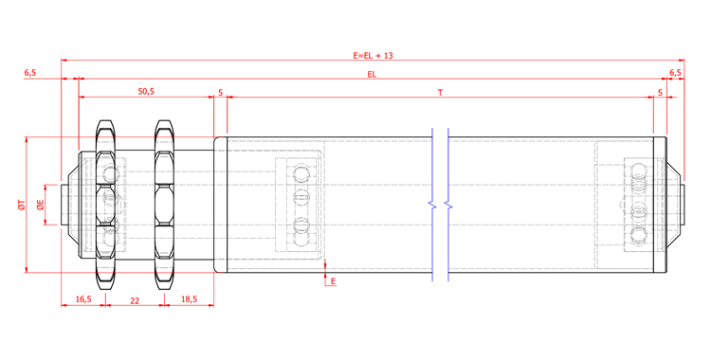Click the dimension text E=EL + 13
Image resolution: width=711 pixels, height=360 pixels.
tap(373, 56)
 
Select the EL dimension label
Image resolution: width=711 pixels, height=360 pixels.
tap(372, 75)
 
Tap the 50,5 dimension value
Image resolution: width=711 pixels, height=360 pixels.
tap(146, 92)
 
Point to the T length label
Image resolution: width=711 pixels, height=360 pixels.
tap(440, 93)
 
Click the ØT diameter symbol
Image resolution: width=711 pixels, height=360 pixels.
tap(21, 205)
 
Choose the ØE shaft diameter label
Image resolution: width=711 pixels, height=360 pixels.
tap(41, 205)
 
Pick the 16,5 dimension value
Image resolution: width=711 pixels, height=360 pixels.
tap(83, 298)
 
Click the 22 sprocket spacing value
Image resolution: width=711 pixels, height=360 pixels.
tap(135, 300)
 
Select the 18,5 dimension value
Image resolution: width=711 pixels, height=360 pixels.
tap(189, 298)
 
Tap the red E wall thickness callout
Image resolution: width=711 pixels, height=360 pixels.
tap(334, 281)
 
